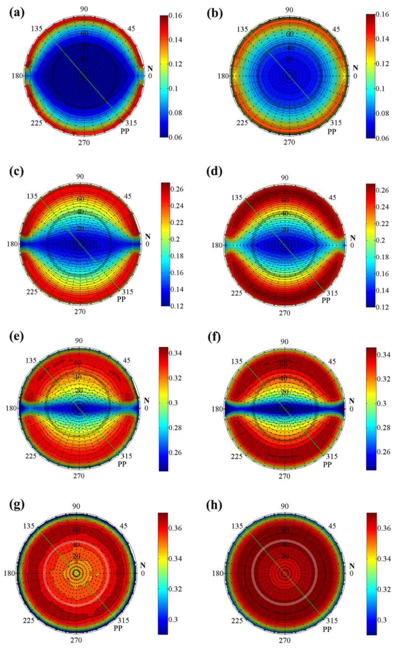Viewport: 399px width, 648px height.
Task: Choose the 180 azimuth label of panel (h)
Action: click(218, 573)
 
